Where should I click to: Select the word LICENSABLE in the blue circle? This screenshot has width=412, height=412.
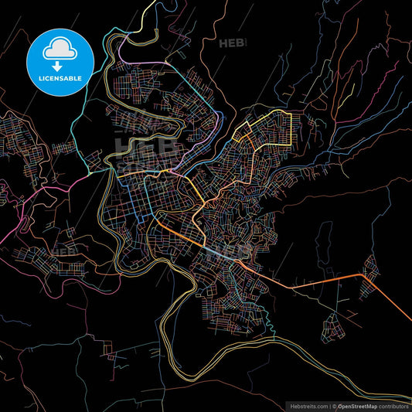60,78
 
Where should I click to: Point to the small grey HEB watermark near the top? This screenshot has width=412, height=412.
234,43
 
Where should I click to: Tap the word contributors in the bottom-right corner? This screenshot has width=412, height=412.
393,405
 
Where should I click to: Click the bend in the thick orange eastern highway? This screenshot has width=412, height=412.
364,274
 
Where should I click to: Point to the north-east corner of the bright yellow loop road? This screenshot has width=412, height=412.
289,113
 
